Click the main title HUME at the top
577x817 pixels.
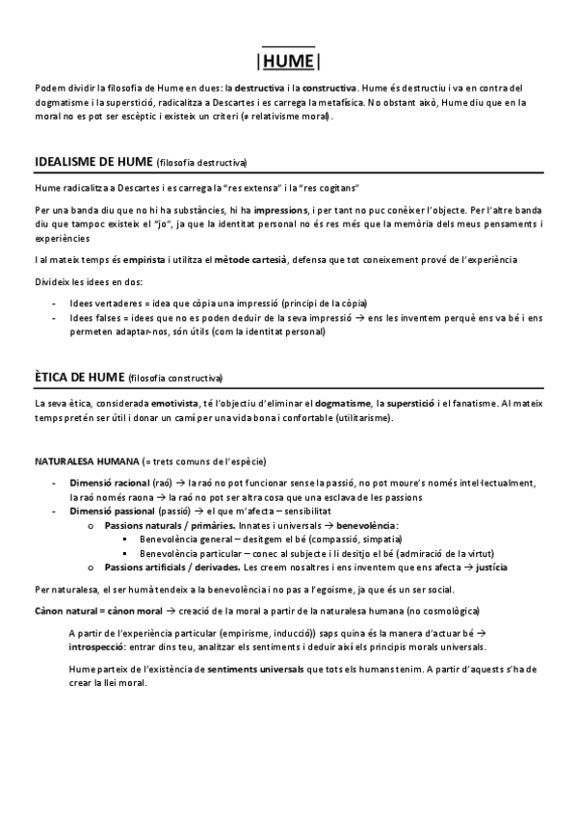coord(288,62)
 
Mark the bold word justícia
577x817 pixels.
coord(491,567)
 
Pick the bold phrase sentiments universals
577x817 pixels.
coord(257,668)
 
